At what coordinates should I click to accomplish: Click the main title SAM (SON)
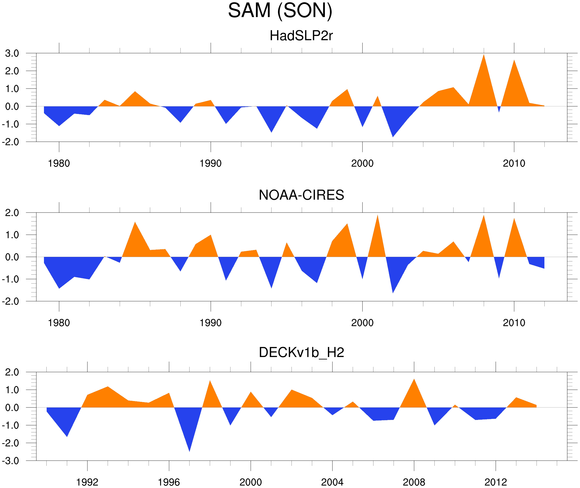280,11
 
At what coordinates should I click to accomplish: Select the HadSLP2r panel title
301,36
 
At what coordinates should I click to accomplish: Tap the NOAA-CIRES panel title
301,195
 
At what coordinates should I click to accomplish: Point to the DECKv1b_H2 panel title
301,352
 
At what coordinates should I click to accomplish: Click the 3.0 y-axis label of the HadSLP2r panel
12,53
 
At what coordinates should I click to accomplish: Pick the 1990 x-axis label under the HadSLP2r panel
211,163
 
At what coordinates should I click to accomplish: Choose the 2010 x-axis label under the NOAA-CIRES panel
514,323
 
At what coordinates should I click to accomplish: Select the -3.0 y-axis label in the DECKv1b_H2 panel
11,461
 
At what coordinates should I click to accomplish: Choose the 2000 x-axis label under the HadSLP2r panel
362,163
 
